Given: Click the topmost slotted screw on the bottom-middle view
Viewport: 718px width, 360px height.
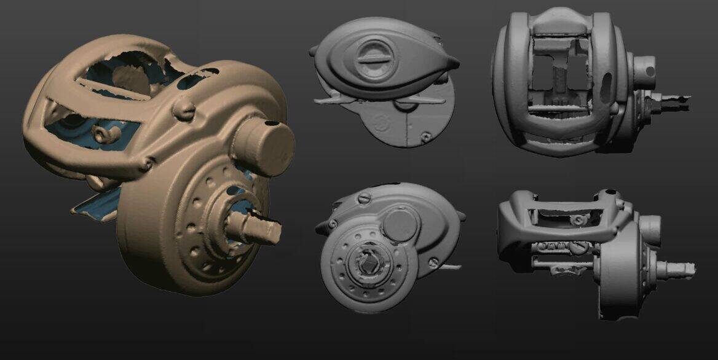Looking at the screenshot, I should coord(363,198).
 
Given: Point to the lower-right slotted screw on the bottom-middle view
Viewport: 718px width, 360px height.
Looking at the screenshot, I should coord(435,262).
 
